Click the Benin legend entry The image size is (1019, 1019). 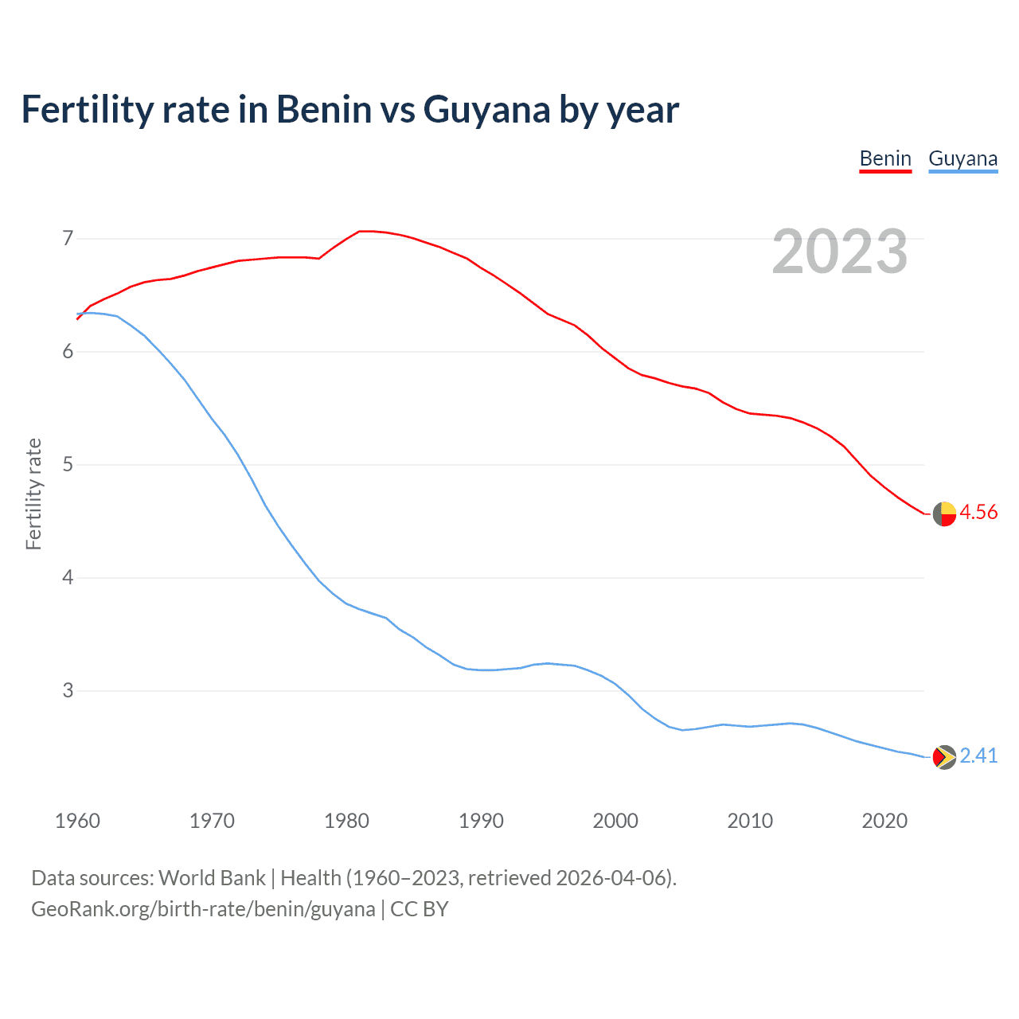885,158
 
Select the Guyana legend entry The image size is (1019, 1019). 962,158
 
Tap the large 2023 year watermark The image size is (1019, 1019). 840,252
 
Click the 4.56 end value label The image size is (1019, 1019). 978,512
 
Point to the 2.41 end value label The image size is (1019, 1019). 978,755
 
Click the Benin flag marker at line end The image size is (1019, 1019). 944,514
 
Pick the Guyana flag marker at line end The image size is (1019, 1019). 944,757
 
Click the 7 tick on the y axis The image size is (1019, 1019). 68,238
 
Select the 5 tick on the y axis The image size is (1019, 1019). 68,464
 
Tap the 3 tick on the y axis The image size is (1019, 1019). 68,690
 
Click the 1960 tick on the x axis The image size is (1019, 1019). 77,821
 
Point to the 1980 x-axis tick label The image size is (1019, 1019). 346,821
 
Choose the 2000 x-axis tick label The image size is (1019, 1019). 615,821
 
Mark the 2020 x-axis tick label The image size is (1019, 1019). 884,821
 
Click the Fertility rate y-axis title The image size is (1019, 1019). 33,494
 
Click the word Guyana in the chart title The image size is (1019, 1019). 486,110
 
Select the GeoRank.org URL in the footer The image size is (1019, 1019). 203,909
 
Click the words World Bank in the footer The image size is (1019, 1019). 212,878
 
